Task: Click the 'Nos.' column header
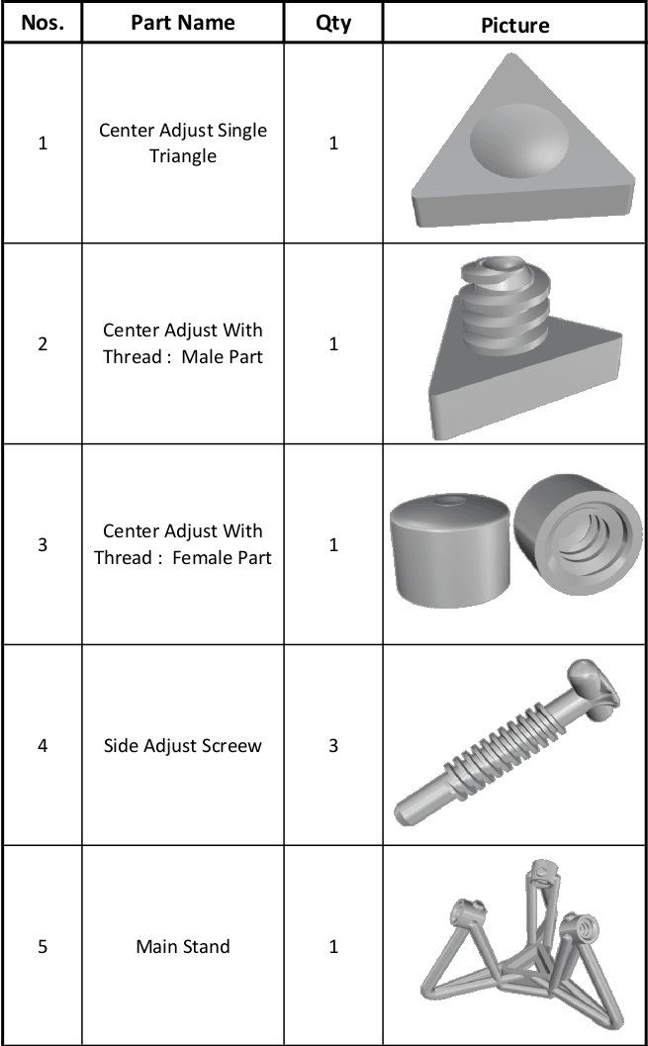[42, 23]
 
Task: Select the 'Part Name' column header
[183, 23]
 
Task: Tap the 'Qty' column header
[333, 23]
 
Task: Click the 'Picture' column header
[514, 24]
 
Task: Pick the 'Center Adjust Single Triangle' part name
[183, 143]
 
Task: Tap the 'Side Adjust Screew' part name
[183, 745]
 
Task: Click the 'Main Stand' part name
[183, 946]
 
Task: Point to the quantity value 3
[333, 745]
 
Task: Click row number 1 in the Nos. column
[42, 143]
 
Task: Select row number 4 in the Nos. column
[42, 745]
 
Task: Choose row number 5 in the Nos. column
[42, 946]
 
